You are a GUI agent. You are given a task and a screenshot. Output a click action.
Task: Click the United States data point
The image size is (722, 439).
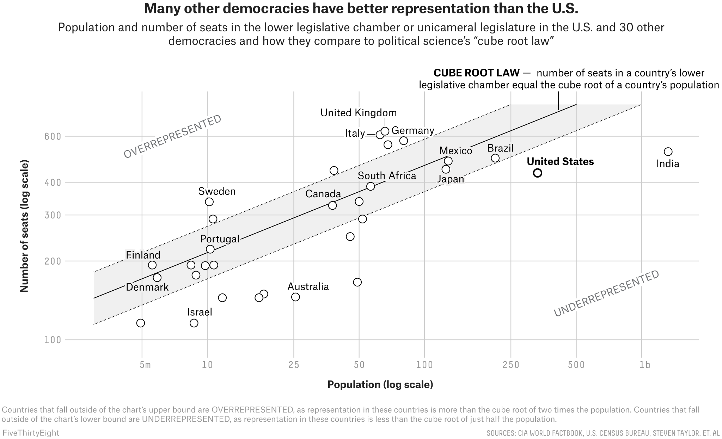coord(537,173)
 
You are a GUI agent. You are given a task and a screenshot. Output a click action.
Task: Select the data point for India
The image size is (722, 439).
coord(668,152)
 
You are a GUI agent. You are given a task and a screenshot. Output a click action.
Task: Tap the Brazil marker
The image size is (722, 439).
coord(495,158)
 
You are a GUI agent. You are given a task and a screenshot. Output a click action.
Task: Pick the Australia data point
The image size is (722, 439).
coord(295,297)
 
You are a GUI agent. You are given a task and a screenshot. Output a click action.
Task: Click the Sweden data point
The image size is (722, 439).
coord(209,202)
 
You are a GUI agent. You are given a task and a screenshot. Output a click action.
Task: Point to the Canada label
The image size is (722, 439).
coord(323,194)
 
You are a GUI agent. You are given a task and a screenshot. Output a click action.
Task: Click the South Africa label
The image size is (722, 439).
coord(387,175)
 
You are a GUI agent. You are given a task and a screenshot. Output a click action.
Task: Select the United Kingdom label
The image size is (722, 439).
coord(359,113)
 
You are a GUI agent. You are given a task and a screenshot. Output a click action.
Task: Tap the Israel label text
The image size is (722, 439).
coord(200,312)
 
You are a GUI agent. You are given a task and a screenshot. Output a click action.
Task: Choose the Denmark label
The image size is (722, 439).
coord(147,287)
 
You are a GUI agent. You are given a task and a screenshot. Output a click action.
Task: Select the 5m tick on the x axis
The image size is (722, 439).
coord(145,365)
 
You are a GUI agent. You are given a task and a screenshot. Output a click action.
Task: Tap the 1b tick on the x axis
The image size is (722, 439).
coord(645,365)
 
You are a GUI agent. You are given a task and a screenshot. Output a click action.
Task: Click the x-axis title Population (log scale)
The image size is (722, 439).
coord(380,384)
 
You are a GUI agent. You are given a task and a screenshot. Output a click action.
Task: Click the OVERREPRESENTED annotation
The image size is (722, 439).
coord(172,136)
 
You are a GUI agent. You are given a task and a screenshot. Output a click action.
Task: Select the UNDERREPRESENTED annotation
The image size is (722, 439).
coord(606,293)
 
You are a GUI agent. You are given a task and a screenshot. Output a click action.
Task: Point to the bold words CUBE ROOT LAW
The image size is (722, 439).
coord(476,73)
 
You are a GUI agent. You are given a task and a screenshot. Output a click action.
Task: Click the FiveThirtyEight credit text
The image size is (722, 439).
coord(31,433)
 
